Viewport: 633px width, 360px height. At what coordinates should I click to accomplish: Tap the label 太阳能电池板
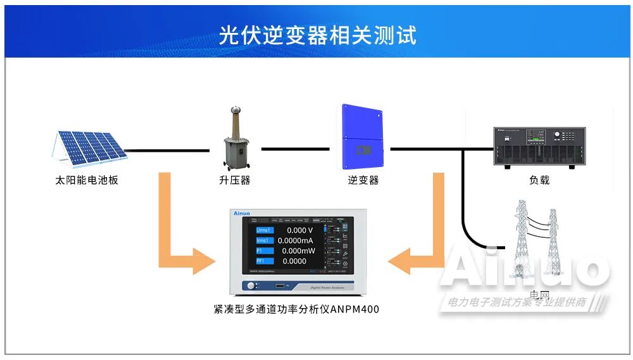[x=87, y=180]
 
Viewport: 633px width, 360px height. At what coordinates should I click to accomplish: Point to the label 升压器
[x=235, y=180]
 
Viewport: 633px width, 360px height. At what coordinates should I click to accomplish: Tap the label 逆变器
[x=363, y=180]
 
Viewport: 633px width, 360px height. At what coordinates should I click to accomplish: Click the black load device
[x=539, y=147]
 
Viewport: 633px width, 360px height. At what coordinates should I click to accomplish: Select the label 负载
[x=539, y=180]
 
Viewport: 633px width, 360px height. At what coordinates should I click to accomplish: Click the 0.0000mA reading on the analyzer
[x=296, y=240]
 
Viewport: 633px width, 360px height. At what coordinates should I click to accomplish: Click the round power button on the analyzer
[x=251, y=286]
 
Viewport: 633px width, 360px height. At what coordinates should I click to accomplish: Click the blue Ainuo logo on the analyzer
[x=244, y=214]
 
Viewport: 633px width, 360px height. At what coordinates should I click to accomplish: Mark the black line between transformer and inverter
[x=296, y=149]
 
